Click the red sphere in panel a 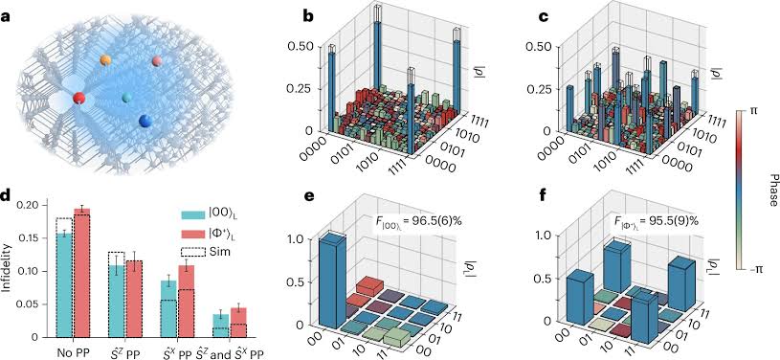[79, 98]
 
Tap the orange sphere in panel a [106, 61]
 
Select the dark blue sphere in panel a [145, 121]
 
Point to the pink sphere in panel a [157, 61]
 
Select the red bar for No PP [83, 273]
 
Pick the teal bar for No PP [64, 284]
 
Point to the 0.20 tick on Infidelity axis [33, 205]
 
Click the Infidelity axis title [9, 270]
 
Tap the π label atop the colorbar [754, 111]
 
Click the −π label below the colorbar [757, 272]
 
